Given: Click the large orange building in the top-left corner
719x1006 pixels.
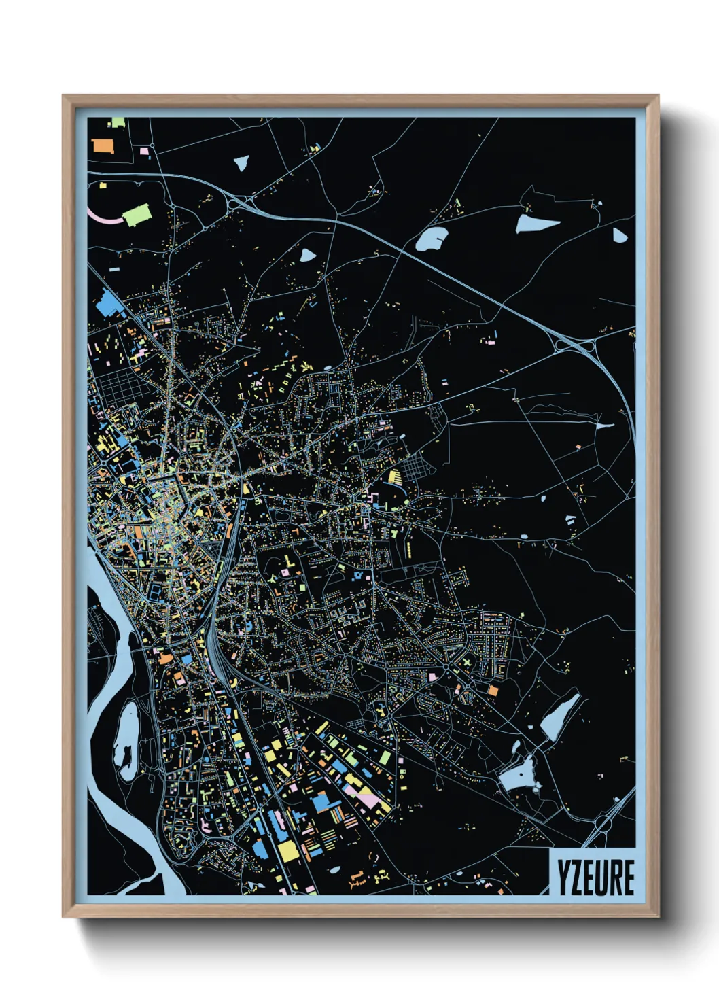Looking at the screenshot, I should coord(102,145).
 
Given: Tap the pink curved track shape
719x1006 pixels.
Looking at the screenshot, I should coord(102,216).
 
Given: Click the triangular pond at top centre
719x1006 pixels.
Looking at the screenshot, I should coord(241,162).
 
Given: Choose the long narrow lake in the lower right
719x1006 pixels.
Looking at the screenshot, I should coord(561,717).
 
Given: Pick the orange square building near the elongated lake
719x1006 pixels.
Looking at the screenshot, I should coord(493,690).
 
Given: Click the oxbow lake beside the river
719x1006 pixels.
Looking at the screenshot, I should coord(126,744).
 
